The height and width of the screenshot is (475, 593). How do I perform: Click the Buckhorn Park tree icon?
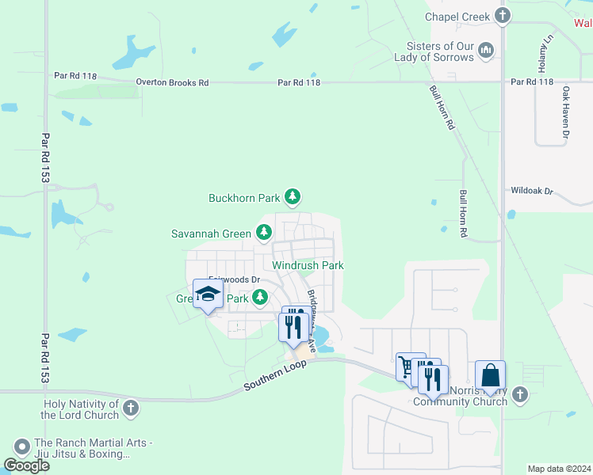(293, 196)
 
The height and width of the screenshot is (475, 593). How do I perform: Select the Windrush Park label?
(308, 265)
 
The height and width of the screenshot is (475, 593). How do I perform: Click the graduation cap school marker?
(208, 294)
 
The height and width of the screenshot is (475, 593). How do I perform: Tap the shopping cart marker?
(410, 366)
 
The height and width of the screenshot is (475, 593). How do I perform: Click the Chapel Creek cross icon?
(502, 15)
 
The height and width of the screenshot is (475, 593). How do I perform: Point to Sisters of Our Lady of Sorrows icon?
(487, 51)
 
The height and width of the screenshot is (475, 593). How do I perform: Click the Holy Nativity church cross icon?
(131, 409)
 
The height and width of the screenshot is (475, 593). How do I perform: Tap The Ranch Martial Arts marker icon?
(21, 447)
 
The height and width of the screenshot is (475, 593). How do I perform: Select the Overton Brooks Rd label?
(172, 82)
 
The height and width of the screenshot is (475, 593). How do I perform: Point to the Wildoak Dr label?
(531, 191)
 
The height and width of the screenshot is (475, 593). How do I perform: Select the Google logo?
(26, 465)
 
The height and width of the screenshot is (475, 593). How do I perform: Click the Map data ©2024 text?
(558, 469)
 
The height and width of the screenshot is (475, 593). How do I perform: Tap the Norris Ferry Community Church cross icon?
(519, 393)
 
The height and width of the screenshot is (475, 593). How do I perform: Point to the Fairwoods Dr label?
(234, 279)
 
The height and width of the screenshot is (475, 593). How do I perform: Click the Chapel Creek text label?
(458, 16)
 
